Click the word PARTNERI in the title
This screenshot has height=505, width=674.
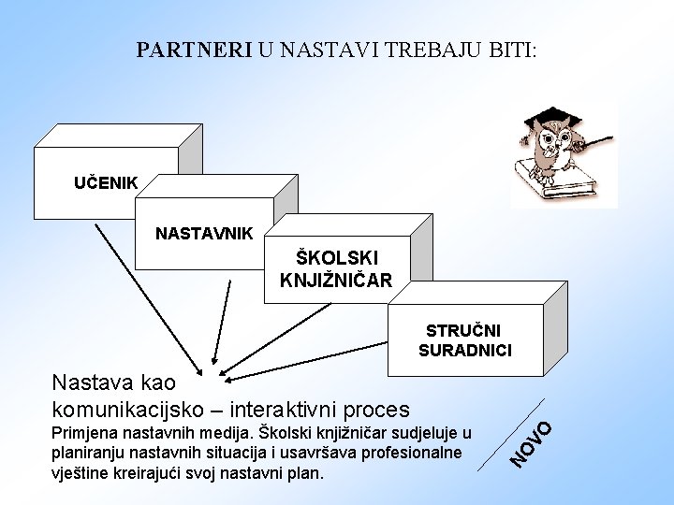click(x=194, y=50)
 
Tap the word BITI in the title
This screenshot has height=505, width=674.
click(x=510, y=50)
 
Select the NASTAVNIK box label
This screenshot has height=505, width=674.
click(x=203, y=232)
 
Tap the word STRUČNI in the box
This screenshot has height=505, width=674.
click(x=463, y=331)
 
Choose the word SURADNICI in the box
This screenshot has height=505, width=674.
click(x=465, y=351)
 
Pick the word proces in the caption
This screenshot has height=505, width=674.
click(x=377, y=409)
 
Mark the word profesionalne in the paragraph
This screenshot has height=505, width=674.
click(x=415, y=454)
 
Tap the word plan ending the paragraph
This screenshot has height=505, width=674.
click(x=307, y=473)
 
